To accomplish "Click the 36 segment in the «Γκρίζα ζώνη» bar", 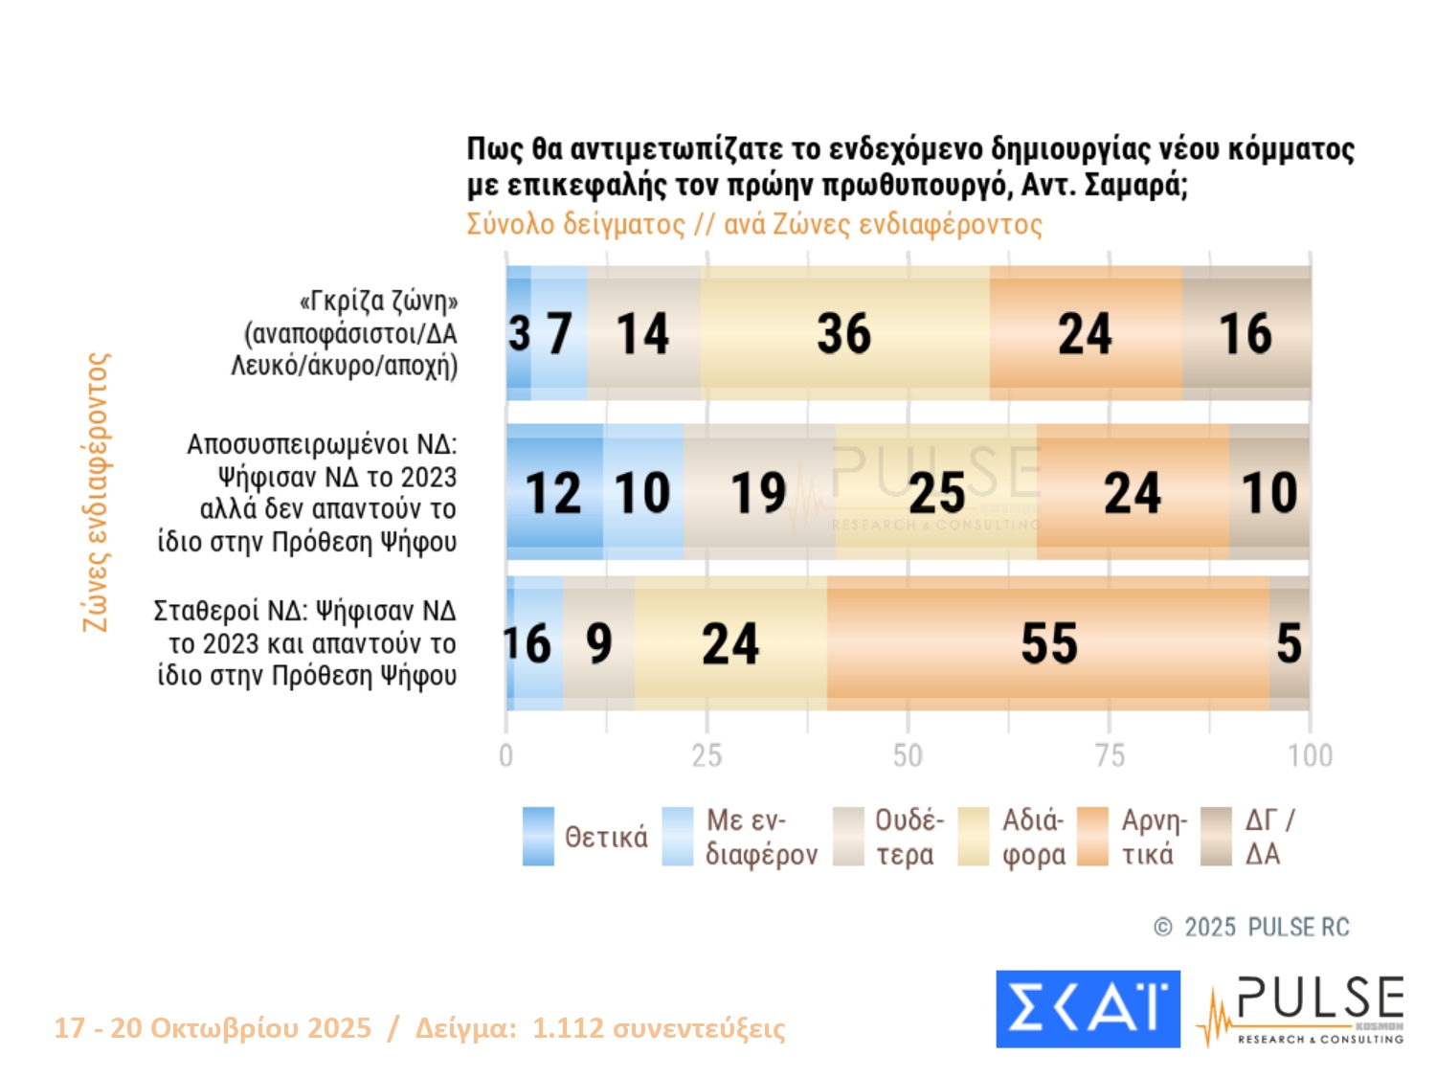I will (x=844, y=333).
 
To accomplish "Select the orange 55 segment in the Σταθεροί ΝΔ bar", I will (x=1048, y=643).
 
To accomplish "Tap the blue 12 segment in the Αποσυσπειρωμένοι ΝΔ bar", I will (x=554, y=492).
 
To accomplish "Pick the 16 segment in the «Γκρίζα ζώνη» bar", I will (x=1245, y=333).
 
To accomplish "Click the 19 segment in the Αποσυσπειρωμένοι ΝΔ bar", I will (x=759, y=492).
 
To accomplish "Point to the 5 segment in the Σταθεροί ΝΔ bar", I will (x=1290, y=643).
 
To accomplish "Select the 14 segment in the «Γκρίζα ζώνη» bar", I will (x=643, y=333).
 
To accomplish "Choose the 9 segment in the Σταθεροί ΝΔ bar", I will (x=598, y=643).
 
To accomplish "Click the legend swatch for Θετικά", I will (x=538, y=837).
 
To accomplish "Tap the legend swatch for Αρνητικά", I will (x=1092, y=837).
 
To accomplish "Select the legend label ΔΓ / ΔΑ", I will (x=1269, y=837).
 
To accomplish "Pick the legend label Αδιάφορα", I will (x=1034, y=837).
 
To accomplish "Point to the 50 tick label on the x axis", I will (x=908, y=756).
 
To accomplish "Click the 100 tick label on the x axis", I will (x=1310, y=756).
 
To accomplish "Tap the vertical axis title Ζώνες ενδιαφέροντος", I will (x=97, y=492).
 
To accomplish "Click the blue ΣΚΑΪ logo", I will (x=1088, y=1009).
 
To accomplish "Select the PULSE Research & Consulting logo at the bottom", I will (x=1302, y=1010).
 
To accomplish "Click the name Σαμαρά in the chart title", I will (x=1135, y=185).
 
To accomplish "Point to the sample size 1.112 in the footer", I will (x=568, y=1028).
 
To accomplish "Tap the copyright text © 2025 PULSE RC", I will (x=1252, y=927).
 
